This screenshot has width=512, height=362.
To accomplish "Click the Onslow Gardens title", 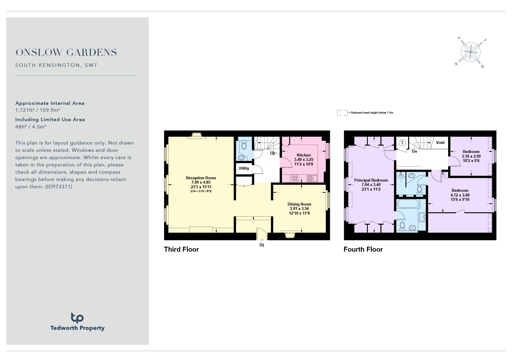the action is (x=66, y=53).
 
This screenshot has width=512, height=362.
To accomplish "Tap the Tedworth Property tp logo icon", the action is (x=77, y=318).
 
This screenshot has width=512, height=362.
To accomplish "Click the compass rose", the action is (x=470, y=53).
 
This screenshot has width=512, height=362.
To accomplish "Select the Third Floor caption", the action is (x=181, y=249).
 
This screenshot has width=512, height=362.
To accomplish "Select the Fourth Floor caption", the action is (x=363, y=249).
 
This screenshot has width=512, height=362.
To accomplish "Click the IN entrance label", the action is (x=262, y=245).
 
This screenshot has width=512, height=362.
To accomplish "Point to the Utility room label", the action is (x=244, y=168).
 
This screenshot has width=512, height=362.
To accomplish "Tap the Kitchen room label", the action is (x=304, y=155).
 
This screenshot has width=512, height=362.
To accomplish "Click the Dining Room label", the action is (x=299, y=204).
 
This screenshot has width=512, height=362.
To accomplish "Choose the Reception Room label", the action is (x=201, y=178).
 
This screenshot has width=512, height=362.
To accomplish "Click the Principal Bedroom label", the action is (x=371, y=180).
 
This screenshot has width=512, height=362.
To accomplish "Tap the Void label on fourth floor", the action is (x=440, y=142).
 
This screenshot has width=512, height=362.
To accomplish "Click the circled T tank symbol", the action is (x=402, y=143).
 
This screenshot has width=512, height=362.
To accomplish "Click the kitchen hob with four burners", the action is (x=295, y=178).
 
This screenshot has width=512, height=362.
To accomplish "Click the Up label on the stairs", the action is (x=272, y=153).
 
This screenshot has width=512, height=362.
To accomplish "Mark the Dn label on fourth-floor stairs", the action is (x=414, y=152).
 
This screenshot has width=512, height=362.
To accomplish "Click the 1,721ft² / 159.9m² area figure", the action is (x=38, y=110).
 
